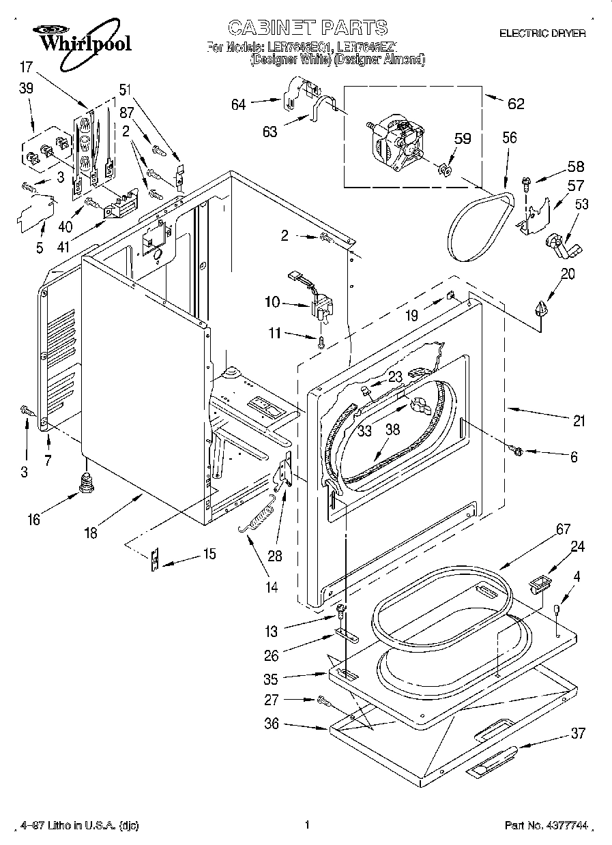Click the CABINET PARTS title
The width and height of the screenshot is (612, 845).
[x=307, y=27]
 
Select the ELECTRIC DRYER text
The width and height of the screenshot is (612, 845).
[x=542, y=33]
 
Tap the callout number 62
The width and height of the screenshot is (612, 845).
[x=516, y=104]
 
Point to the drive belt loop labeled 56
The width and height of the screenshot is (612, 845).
[x=481, y=222]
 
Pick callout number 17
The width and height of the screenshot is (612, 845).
[x=26, y=68]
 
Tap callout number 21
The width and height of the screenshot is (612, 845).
[x=579, y=421]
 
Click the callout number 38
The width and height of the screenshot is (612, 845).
[x=392, y=430]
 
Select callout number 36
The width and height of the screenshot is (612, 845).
[x=272, y=724]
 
